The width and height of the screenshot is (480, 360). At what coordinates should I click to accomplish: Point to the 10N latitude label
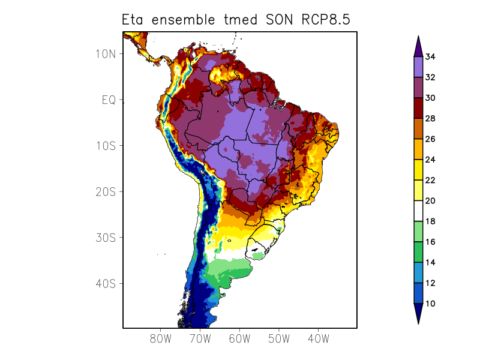pos(106,53)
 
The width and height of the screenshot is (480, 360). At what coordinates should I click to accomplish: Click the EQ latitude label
pos(109,100)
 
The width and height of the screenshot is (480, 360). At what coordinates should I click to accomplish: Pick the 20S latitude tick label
pos(106,191)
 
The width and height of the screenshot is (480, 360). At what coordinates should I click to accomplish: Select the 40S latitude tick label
pos(106,283)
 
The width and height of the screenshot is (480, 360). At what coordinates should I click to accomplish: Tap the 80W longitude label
pos(160,338)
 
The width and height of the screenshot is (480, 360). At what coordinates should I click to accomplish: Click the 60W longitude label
pos(239,338)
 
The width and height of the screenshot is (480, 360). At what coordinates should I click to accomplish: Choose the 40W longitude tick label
pos(318,338)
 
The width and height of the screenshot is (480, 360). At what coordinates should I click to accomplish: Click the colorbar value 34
pos(430,57)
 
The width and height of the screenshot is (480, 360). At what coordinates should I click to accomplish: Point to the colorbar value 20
pos(430,201)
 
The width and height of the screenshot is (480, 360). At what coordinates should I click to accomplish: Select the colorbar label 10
pos(430,304)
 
